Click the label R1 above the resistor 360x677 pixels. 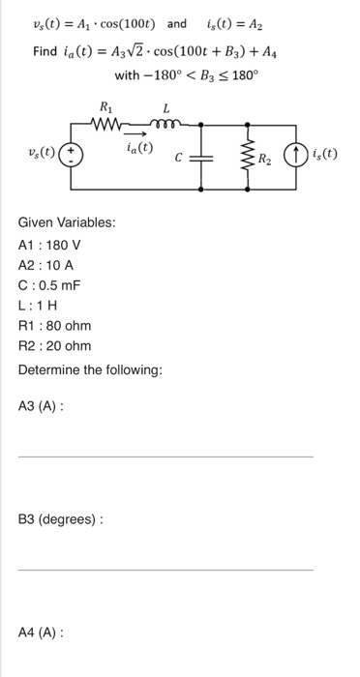(106, 106)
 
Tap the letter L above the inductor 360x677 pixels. (165, 106)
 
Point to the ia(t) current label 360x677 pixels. (140, 147)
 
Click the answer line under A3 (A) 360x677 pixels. (165, 456)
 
